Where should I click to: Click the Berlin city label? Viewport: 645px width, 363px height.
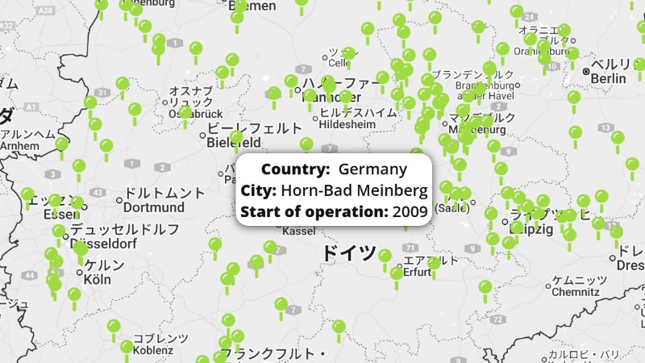609,78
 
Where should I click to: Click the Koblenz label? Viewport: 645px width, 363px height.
152,350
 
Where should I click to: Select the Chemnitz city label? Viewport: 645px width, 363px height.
575,292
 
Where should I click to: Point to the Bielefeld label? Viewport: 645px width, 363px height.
234,142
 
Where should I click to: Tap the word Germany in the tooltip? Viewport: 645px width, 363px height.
373,169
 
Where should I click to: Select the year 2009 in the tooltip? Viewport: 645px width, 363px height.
410,212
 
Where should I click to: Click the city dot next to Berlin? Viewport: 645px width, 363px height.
586,72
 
